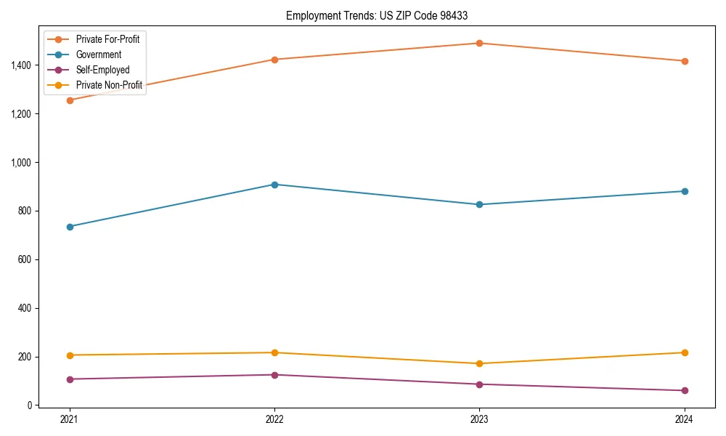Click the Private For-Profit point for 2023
point(479,43)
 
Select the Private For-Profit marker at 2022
point(274,60)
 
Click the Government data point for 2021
point(70,227)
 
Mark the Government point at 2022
point(274,185)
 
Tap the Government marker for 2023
point(479,204)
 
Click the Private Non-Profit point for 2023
point(479,363)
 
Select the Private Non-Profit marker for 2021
point(70,355)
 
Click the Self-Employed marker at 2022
point(274,375)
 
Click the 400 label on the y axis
point(24,308)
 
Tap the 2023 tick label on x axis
point(479,419)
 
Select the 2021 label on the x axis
point(70,419)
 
